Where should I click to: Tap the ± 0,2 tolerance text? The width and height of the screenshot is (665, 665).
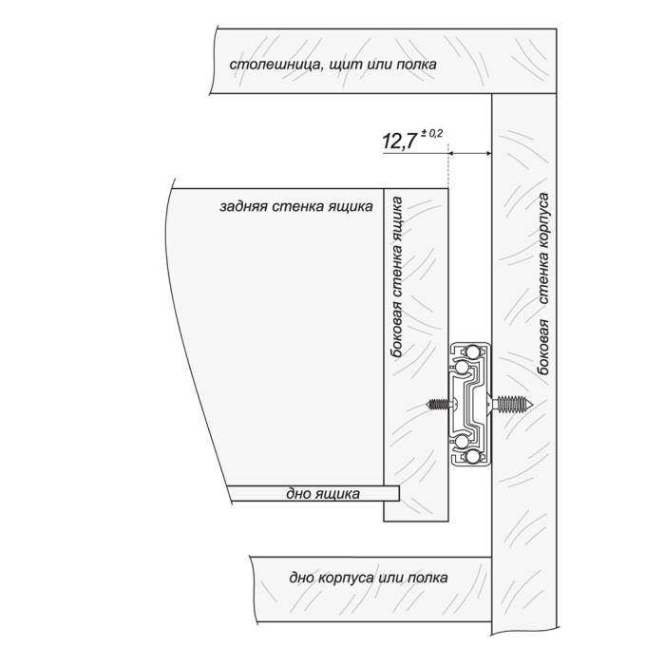click(431, 134)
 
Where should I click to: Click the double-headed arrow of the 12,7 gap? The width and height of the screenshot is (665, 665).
click(470, 153)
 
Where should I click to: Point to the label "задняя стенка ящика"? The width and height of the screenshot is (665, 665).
click(296, 206)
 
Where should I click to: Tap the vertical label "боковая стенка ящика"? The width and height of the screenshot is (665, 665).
click(397, 277)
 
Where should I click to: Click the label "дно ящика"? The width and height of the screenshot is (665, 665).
click(323, 494)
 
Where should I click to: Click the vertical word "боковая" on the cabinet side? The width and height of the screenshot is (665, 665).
click(543, 347)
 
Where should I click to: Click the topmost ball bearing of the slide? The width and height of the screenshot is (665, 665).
click(473, 351)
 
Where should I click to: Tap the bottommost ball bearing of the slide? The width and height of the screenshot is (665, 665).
click(473, 457)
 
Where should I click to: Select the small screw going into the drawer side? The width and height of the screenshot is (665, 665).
click(439, 404)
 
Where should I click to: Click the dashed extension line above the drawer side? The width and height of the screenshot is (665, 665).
click(448, 166)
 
